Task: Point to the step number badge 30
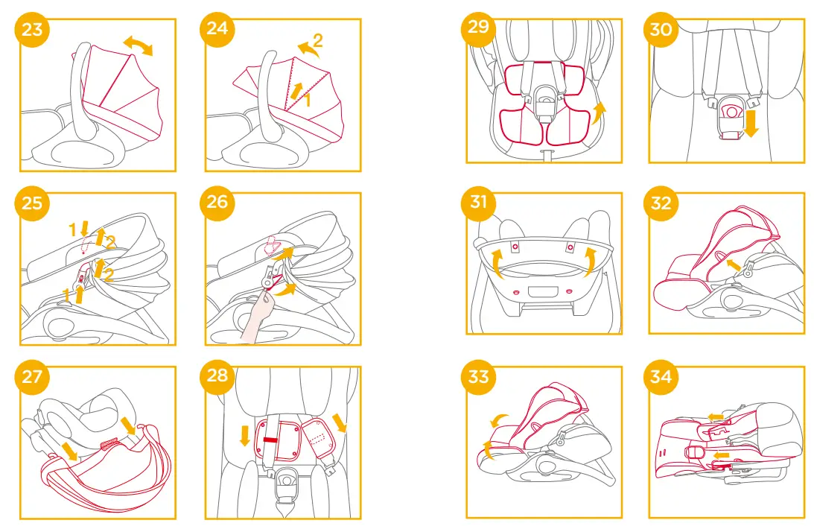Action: [661, 30]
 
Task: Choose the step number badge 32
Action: [661, 203]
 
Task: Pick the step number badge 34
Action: [661, 377]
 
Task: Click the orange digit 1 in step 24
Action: [307, 99]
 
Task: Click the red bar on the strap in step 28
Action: [270, 440]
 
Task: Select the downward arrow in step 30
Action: [751, 123]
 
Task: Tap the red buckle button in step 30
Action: [731, 110]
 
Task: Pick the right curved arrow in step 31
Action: [591, 261]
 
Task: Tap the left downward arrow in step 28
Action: [244, 434]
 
